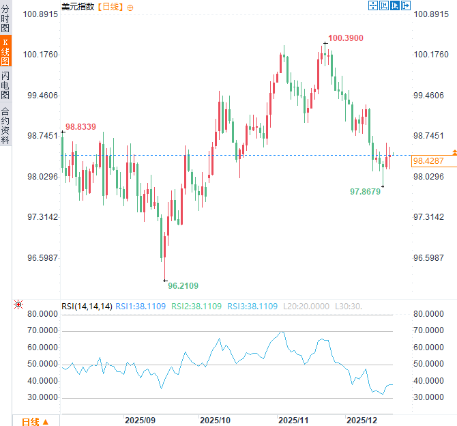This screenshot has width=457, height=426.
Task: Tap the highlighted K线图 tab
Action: [x=5, y=51]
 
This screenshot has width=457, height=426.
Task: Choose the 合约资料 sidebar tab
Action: [x=5, y=125]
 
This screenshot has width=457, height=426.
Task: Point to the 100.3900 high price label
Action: [x=345, y=38]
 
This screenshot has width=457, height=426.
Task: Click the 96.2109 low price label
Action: [x=183, y=285]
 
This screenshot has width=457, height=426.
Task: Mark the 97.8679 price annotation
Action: [x=365, y=192]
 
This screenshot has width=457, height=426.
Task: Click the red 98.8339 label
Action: [x=80, y=127]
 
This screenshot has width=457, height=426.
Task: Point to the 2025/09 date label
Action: [x=141, y=420]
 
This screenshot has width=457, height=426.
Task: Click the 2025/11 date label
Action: [x=295, y=420]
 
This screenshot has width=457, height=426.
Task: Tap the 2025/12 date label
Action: [x=362, y=420]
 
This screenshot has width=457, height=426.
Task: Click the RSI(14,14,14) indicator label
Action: [x=87, y=307]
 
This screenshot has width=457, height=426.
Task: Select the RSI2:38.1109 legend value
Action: [x=196, y=307]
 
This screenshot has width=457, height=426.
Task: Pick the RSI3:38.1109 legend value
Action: [x=253, y=307]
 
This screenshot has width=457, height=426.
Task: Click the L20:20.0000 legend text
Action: [x=306, y=307]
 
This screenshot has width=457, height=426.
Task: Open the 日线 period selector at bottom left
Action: [x=34, y=421]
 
